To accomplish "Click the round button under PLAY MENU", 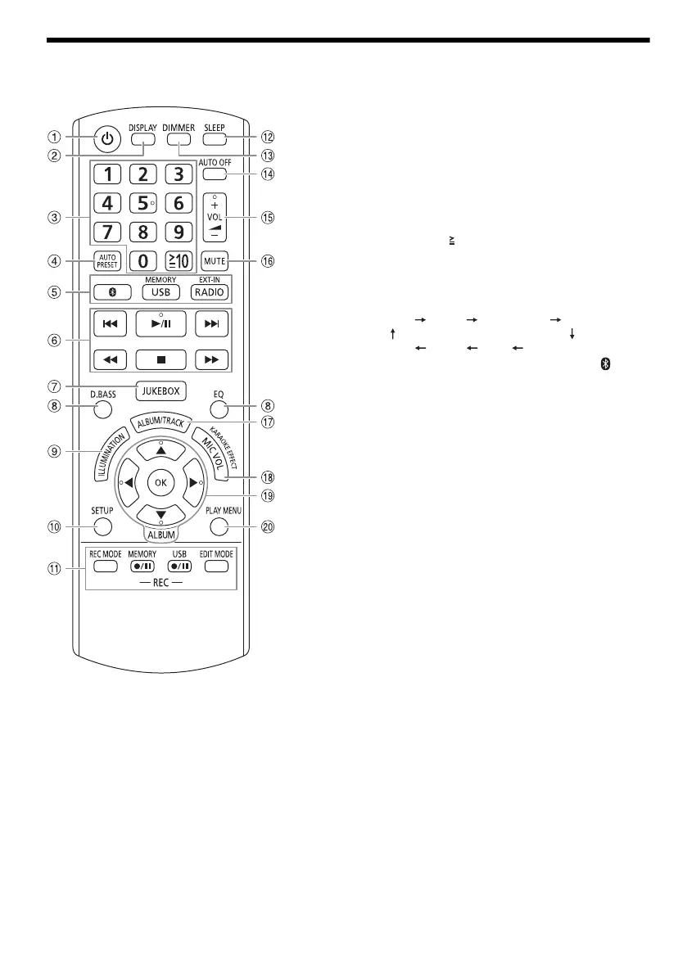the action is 218,525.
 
